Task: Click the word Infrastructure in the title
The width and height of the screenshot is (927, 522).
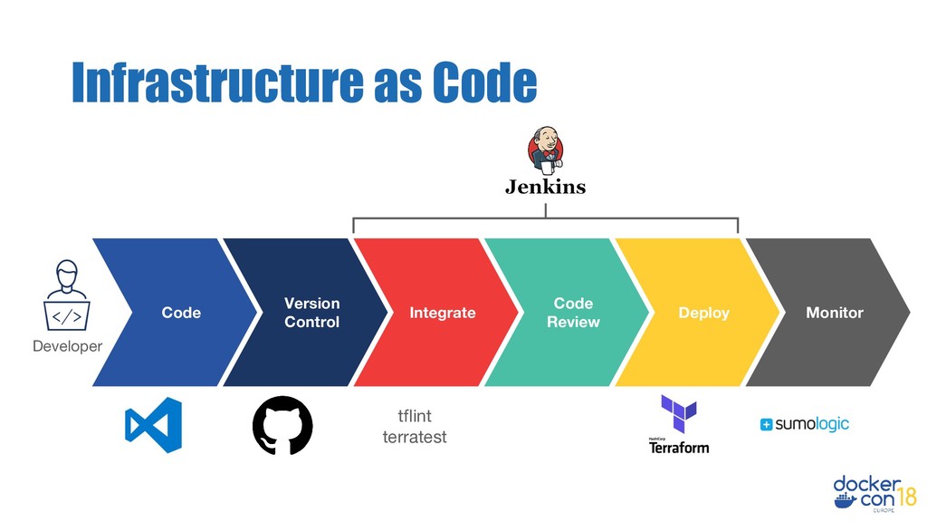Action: coord(217,83)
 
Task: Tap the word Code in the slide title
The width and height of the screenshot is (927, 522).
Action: coord(485,83)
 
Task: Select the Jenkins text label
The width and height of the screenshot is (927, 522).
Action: coord(545,188)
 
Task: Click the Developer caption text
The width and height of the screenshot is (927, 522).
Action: coord(68,346)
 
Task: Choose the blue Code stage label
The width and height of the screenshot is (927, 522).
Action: coord(181,313)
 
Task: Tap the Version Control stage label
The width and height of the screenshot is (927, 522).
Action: coord(311,313)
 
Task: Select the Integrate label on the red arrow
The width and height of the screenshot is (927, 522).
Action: coord(442,313)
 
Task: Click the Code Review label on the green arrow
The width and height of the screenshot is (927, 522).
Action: coord(572,313)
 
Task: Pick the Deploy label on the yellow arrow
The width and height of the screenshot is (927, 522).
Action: coord(703,313)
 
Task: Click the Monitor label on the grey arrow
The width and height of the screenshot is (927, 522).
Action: coord(834,313)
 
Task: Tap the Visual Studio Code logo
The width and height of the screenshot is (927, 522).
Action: coord(154,425)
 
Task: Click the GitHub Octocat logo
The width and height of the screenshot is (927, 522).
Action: coord(282,424)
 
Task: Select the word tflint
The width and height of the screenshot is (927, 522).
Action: coord(415,416)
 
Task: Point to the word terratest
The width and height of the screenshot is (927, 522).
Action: coord(415,438)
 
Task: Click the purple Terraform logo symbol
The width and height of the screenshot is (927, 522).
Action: coord(677,414)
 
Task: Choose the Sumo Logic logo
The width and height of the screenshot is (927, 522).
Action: coord(804,424)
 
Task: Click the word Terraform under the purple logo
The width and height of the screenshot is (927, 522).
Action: coord(679,447)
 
